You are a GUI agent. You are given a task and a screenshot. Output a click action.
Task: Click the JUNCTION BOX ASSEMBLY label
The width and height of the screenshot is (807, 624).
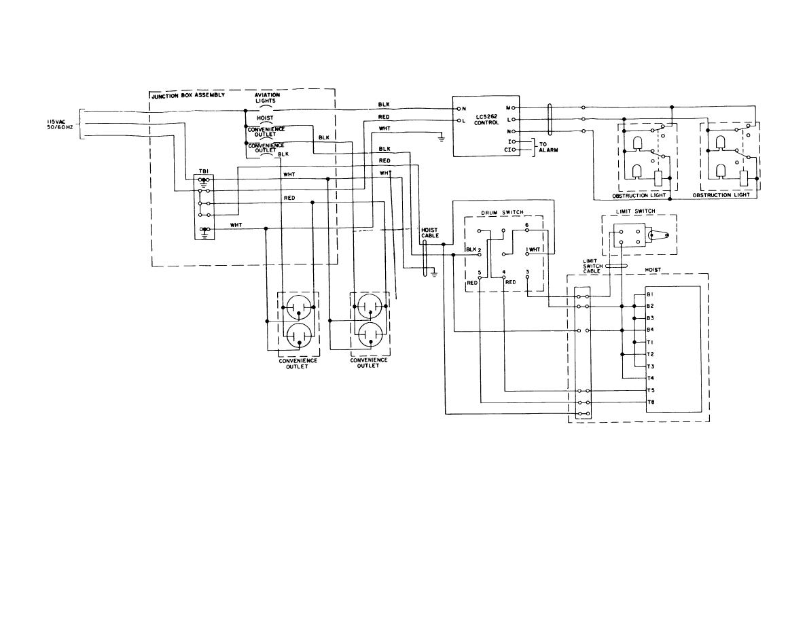tap(188, 95)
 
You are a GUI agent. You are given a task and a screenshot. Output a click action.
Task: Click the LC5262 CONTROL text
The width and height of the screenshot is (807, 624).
tap(486, 120)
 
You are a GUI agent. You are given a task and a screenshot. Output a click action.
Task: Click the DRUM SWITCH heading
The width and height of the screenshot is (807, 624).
tap(502, 213)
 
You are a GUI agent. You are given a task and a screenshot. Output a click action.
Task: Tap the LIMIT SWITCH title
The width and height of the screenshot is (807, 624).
tap(636, 211)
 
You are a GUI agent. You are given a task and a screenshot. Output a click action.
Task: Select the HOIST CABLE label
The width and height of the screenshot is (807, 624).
tap(430, 232)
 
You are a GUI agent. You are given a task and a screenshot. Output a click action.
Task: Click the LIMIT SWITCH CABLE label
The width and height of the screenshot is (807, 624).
tap(592, 266)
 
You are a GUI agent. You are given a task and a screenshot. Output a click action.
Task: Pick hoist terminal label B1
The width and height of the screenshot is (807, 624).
tap(650, 294)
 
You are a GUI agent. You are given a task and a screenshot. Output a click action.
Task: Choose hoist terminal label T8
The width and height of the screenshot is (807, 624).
tap(650, 402)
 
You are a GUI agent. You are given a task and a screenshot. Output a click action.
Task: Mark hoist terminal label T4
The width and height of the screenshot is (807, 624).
tap(650, 378)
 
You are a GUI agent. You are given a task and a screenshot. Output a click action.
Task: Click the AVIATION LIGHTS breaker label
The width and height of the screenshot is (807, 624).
tap(268, 98)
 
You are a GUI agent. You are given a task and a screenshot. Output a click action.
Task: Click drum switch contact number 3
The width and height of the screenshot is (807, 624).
tap(528, 271)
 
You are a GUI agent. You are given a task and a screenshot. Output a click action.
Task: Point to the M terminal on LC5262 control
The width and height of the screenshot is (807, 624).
tap(509, 107)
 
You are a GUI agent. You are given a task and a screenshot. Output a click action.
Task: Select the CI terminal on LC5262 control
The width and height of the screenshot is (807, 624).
tap(507, 150)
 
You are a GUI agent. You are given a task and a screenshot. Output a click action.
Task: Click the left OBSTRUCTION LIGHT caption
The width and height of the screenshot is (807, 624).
tap(639, 196)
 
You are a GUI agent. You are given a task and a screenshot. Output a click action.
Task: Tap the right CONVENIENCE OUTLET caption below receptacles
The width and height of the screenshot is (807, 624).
tap(368, 363)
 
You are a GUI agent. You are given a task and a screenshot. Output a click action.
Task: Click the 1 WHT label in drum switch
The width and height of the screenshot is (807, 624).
tap(533, 249)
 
